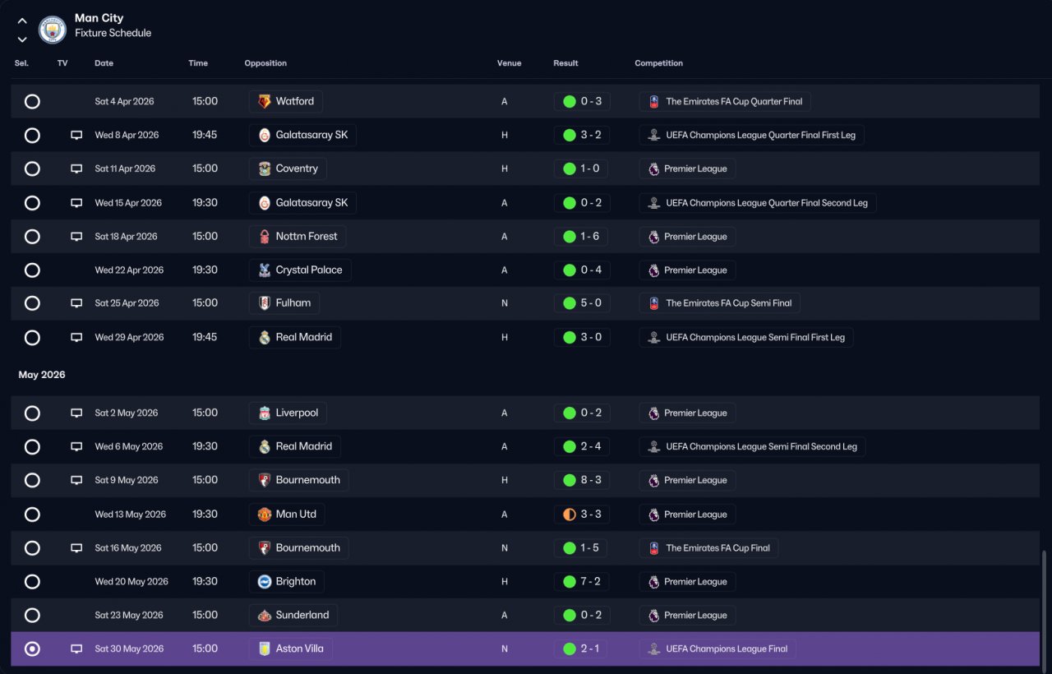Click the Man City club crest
pyautogui.click(x=52, y=30)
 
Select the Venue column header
pyautogui.click(x=509, y=63)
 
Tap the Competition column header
pyautogui.click(x=658, y=63)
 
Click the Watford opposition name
pyautogui.click(x=294, y=101)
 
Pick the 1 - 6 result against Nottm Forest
pyautogui.click(x=589, y=236)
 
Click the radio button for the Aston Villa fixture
pyautogui.click(x=32, y=649)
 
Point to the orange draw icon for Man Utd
pyautogui.click(x=570, y=515)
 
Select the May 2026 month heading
pyautogui.click(x=42, y=374)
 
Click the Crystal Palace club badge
pyautogui.click(x=265, y=270)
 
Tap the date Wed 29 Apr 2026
pyautogui.click(x=129, y=337)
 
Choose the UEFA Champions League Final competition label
pyautogui.click(x=727, y=649)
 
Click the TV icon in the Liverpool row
pyautogui.click(x=76, y=413)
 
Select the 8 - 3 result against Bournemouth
pyautogui.click(x=591, y=480)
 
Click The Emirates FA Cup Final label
pyautogui.click(x=717, y=547)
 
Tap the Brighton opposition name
pyautogui.click(x=295, y=581)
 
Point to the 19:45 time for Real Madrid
pyautogui.click(x=205, y=337)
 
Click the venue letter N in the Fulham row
pyautogui.click(x=505, y=303)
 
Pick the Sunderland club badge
pyautogui.click(x=265, y=616)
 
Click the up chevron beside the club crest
pyautogui.click(x=22, y=21)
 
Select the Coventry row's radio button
pyautogui.click(x=32, y=168)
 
